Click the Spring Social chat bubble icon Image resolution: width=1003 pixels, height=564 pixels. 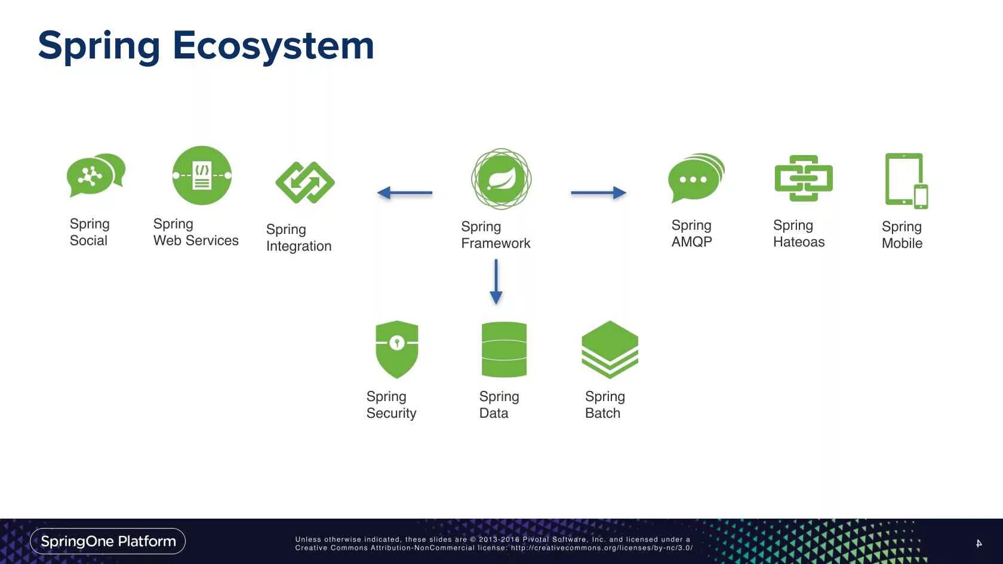pos(96,175)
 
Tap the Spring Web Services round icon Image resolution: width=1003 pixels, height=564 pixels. pos(202,175)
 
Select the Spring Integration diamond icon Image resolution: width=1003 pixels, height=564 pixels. pos(304,182)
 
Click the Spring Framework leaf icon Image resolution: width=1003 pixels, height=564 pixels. pos(501,178)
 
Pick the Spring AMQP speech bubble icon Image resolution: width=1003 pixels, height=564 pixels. pos(696,178)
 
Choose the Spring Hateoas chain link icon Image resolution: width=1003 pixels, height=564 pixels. pos(803,178)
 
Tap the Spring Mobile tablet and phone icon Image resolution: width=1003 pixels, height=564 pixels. pos(906,180)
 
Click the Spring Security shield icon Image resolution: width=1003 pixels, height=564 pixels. pos(397,349)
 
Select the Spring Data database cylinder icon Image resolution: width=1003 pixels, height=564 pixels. pos(504,349)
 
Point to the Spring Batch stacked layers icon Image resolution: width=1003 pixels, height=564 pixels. pos(610,349)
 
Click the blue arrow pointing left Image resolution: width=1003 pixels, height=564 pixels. pos(405,193)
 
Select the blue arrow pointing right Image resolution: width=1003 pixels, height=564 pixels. pos(598,193)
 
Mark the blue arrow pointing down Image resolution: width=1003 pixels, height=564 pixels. pos(496,282)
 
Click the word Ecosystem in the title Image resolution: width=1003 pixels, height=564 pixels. pos(273,45)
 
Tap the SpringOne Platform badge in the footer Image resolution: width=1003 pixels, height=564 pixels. pos(108,541)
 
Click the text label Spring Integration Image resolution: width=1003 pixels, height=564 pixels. pos(299,238)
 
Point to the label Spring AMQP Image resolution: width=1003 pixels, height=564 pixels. pos(692,233)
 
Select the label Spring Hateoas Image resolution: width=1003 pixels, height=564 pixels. pos(799,233)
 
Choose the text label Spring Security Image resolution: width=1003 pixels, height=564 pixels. pos(391,405)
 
